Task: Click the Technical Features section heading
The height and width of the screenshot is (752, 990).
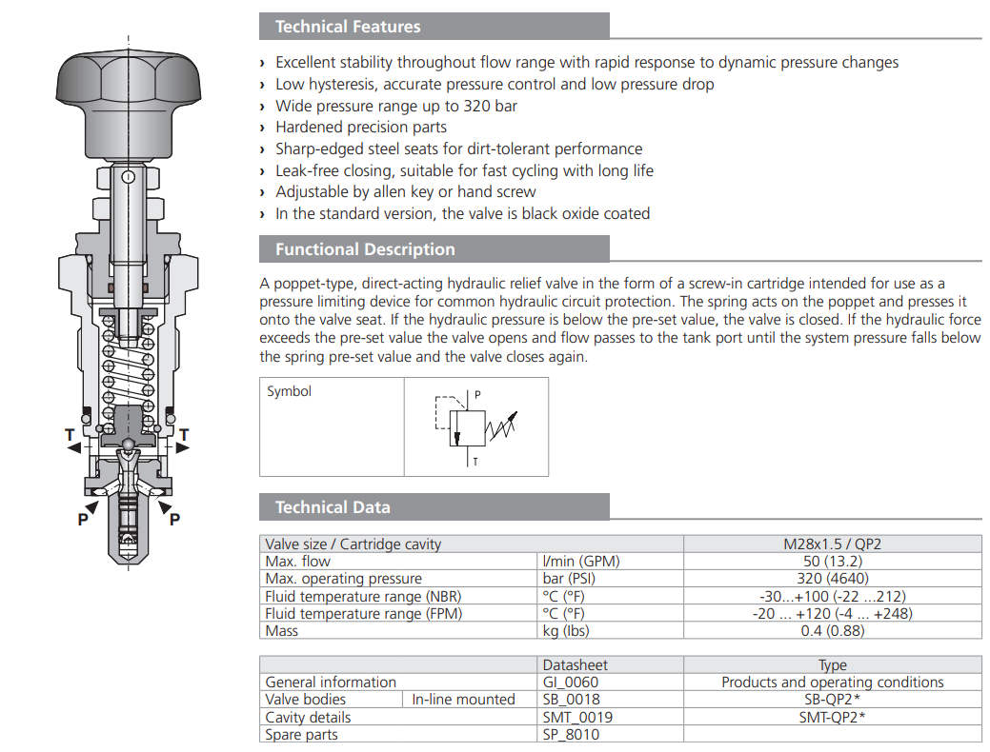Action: (x=347, y=27)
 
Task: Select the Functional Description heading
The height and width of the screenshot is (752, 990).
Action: (x=365, y=249)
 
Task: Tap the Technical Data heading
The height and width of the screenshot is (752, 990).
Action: (x=333, y=507)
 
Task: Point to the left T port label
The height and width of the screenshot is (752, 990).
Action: (x=70, y=436)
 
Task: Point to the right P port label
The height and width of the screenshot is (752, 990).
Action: (x=174, y=519)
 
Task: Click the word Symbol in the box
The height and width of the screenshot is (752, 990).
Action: (x=289, y=391)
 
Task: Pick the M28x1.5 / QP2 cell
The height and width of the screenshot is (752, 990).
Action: (x=832, y=544)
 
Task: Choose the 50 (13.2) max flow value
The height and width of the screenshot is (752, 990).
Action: (x=832, y=562)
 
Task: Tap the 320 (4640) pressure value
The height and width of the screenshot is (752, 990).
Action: (x=832, y=579)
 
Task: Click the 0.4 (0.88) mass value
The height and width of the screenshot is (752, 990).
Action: (x=832, y=630)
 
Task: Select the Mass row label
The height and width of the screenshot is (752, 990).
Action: (x=282, y=630)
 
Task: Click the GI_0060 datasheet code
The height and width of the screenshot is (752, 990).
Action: (x=571, y=682)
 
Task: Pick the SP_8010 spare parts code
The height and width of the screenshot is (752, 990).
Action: (x=572, y=734)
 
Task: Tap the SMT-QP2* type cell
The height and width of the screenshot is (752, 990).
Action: (x=832, y=717)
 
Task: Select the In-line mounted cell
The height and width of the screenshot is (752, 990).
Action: (x=463, y=700)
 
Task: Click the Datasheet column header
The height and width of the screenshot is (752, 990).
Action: (x=575, y=664)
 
